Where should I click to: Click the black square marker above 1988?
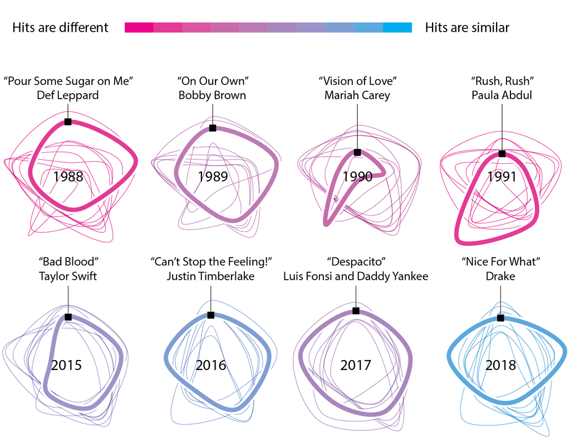pyautogui.click(x=68, y=122)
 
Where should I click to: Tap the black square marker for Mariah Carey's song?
pyautogui.click(x=357, y=152)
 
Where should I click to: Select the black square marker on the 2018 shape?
pyautogui.click(x=500, y=318)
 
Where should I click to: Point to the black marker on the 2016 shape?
pyautogui.click(x=211, y=315)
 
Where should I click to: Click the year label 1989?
pyautogui.click(x=213, y=177)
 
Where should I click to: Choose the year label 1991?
pyautogui.click(x=502, y=177)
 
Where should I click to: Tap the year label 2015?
pyautogui.click(x=67, y=365)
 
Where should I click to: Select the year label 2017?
pyautogui.click(x=356, y=365)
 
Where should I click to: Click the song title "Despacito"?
pyautogui.click(x=356, y=261)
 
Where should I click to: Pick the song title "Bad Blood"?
pyautogui.click(x=68, y=261)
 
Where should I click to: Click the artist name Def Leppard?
pyautogui.click(x=68, y=95)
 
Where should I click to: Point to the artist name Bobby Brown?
pyautogui.click(x=212, y=95)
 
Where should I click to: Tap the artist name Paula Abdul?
pyautogui.click(x=502, y=95)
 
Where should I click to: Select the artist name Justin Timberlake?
pyautogui.click(x=211, y=276)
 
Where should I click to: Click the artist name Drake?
pyautogui.click(x=501, y=276)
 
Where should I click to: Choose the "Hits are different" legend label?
pyautogui.click(x=60, y=28)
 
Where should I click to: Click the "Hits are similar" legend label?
pyautogui.click(x=467, y=28)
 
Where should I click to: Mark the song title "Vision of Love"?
pyautogui.click(x=357, y=81)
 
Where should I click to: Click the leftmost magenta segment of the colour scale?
pyautogui.click(x=139, y=28)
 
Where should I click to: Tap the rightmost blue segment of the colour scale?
pyautogui.click(x=397, y=28)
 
